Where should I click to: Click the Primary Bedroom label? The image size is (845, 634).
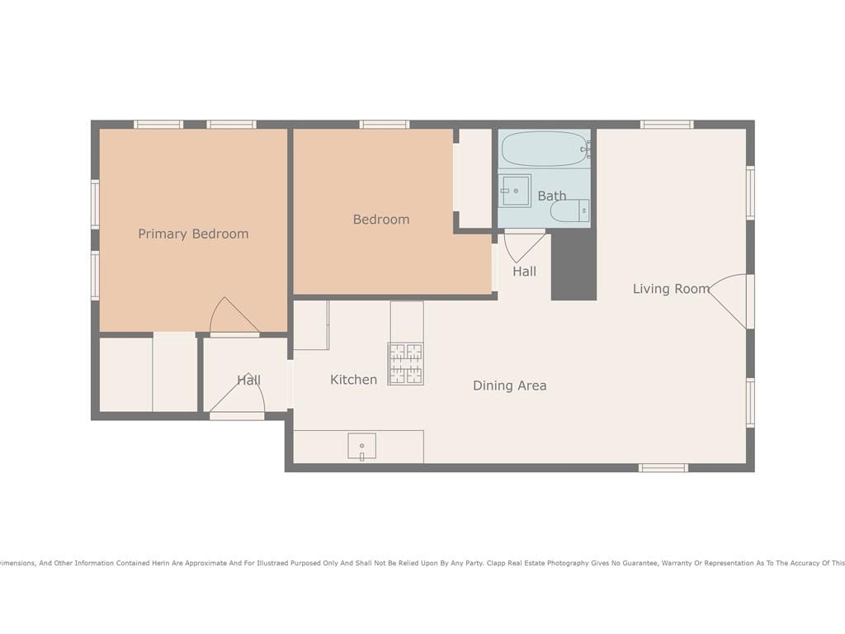click(193, 234)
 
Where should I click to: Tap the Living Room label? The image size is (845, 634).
click(671, 288)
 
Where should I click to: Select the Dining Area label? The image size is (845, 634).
click(509, 386)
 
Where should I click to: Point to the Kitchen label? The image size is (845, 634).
click(353, 380)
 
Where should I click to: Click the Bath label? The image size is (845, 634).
click(552, 196)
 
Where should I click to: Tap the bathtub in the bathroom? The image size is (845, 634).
click(545, 149)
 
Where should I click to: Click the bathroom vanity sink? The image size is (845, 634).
click(515, 191)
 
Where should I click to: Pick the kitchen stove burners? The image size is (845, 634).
click(406, 364)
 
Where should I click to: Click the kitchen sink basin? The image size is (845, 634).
click(361, 446)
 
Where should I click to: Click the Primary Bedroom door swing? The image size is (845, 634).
click(234, 316)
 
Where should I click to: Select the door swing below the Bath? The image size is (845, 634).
click(525, 246)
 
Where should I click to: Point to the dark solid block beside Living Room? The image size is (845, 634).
click(574, 267)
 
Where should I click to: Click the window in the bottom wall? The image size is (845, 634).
click(663, 467)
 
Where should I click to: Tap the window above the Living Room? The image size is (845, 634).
click(667, 125)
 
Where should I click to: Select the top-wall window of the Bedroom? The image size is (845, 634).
click(385, 125)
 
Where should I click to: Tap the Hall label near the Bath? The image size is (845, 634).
click(524, 271)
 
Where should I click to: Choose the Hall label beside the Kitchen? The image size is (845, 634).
click(249, 380)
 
